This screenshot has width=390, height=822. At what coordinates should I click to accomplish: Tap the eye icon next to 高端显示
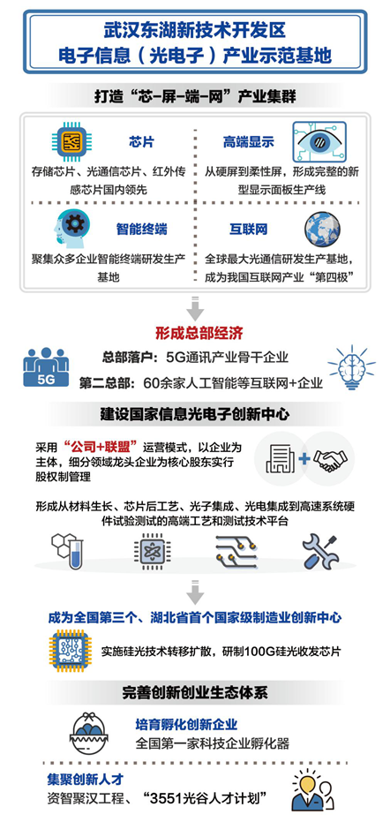click(319, 141)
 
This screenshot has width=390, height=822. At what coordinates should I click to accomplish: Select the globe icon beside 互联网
click(322, 229)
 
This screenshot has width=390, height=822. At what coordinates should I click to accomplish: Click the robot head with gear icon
click(71, 228)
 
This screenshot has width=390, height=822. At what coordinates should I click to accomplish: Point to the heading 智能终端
click(141, 229)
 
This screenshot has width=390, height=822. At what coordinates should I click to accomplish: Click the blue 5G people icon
click(46, 367)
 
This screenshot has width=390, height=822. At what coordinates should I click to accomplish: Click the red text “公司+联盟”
click(100, 447)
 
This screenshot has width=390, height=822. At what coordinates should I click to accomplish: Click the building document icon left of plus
click(281, 459)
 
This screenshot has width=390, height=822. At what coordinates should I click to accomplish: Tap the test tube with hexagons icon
click(68, 551)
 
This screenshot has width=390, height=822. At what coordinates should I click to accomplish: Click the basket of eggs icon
click(93, 732)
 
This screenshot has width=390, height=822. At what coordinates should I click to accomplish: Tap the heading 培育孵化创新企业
click(186, 725)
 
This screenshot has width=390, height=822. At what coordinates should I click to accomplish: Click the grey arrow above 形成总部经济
click(195, 308)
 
